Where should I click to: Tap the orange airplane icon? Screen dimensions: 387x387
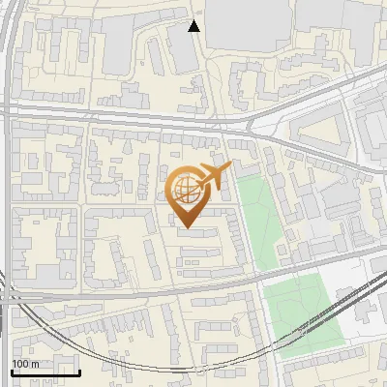213,177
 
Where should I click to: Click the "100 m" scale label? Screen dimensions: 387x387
26,365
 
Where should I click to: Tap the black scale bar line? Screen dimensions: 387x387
45,372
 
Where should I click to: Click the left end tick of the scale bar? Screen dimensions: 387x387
12,371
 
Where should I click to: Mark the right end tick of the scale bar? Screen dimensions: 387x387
79,371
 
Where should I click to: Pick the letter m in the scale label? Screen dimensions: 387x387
35,365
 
